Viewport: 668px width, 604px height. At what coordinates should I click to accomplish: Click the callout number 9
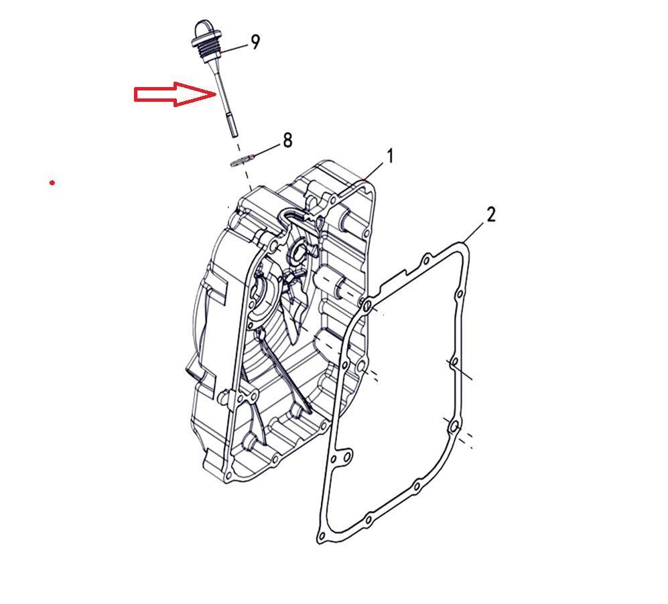point(255,42)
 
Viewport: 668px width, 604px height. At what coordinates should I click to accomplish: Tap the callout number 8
point(287,140)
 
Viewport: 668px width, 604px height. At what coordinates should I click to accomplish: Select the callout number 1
point(390,156)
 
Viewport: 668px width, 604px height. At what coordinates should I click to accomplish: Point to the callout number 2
point(491,214)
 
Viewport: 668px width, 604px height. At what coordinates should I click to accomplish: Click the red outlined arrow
point(176,94)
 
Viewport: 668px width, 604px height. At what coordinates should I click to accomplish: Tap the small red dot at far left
point(52,183)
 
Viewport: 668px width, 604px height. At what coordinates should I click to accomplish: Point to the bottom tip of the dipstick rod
point(234,136)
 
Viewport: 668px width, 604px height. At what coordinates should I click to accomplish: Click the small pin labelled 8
point(242,161)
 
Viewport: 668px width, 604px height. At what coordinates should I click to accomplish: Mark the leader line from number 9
point(235,48)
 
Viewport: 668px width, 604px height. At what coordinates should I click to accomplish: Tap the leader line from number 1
point(374,172)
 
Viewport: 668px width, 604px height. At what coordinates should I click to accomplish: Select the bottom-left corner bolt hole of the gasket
point(322,536)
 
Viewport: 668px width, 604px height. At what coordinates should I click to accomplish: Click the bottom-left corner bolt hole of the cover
point(228,475)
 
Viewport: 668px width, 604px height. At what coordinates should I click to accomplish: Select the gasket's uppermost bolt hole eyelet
point(426,260)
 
